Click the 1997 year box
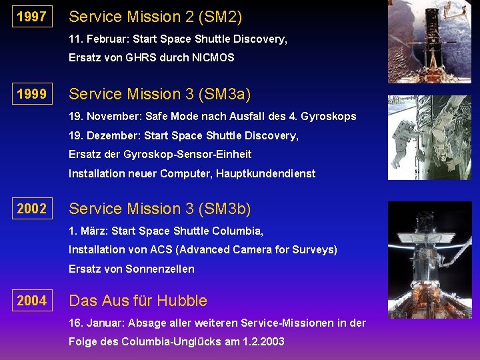pos(32,17)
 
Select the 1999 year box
pos(32,94)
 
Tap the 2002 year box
pos(32,209)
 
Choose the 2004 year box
pos(32,301)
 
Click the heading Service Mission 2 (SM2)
pos(155,17)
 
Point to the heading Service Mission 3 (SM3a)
pos(160,94)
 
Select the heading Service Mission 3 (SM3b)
pos(160,209)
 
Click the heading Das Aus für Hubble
pos(138,301)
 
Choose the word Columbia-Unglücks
pos(181,342)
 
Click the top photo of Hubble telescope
pos(429,41)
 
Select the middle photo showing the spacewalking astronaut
pos(429,137)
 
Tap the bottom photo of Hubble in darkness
pos(429,259)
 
